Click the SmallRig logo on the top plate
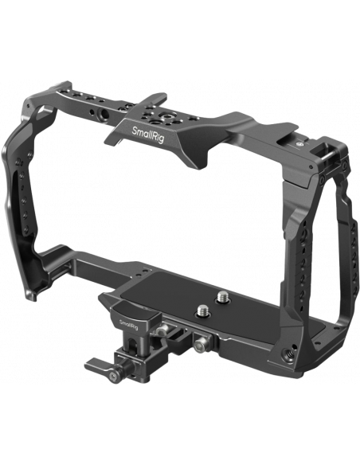[x=147, y=135]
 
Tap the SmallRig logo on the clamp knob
[x=128, y=324]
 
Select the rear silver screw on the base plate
[x=222, y=296]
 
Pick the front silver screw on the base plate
[x=202, y=310]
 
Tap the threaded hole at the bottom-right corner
[x=288, y=354]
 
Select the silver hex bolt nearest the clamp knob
[x=162, y=330]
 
